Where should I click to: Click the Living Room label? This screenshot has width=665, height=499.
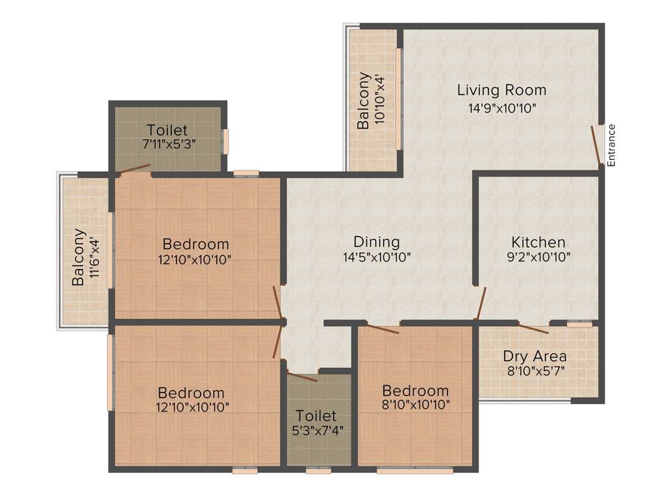(x=501, y=90)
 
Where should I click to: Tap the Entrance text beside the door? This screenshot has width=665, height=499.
(x=611, y=145)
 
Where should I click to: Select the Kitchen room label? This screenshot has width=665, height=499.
(x=538, y=242)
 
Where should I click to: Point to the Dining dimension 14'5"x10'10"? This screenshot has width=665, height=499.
(x=377, y=257)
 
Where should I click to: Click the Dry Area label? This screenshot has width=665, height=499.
(x=534, y=356)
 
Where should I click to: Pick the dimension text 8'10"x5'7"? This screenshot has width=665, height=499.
(x=534, y=372)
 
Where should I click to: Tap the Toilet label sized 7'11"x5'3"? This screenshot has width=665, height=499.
(x=167, y=130)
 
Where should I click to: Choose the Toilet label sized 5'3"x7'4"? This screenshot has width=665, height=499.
(x=316, y=415)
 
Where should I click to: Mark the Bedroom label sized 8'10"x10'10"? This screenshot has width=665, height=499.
(x=415, y=390)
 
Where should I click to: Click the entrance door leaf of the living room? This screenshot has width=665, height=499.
(x=596, y=146)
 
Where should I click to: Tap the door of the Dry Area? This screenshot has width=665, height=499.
(x=533, y=328)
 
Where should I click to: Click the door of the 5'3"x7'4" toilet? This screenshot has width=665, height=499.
(x=303, y=376)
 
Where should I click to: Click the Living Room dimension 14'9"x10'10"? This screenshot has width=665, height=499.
(x=501, y=108)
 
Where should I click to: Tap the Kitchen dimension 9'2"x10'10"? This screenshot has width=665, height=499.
(x=538, y=257)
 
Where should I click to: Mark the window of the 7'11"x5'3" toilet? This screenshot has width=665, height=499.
(x=225, y=142)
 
